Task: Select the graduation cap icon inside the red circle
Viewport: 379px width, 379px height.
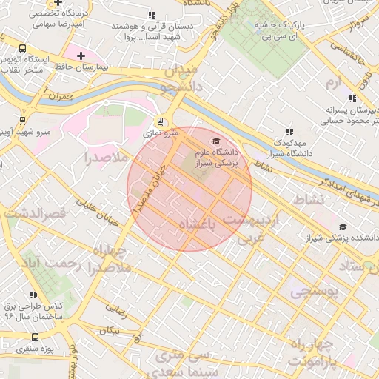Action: pos(216,141)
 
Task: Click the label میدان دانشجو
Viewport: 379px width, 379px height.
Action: pos(178,78)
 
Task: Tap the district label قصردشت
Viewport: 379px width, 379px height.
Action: pos(34,213)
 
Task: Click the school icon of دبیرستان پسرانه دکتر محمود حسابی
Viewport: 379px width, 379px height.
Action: pos(352,98)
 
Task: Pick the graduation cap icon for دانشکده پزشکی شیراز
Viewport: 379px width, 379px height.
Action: pos(342,227)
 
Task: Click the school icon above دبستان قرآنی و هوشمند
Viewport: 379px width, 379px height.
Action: pos(152,15)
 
